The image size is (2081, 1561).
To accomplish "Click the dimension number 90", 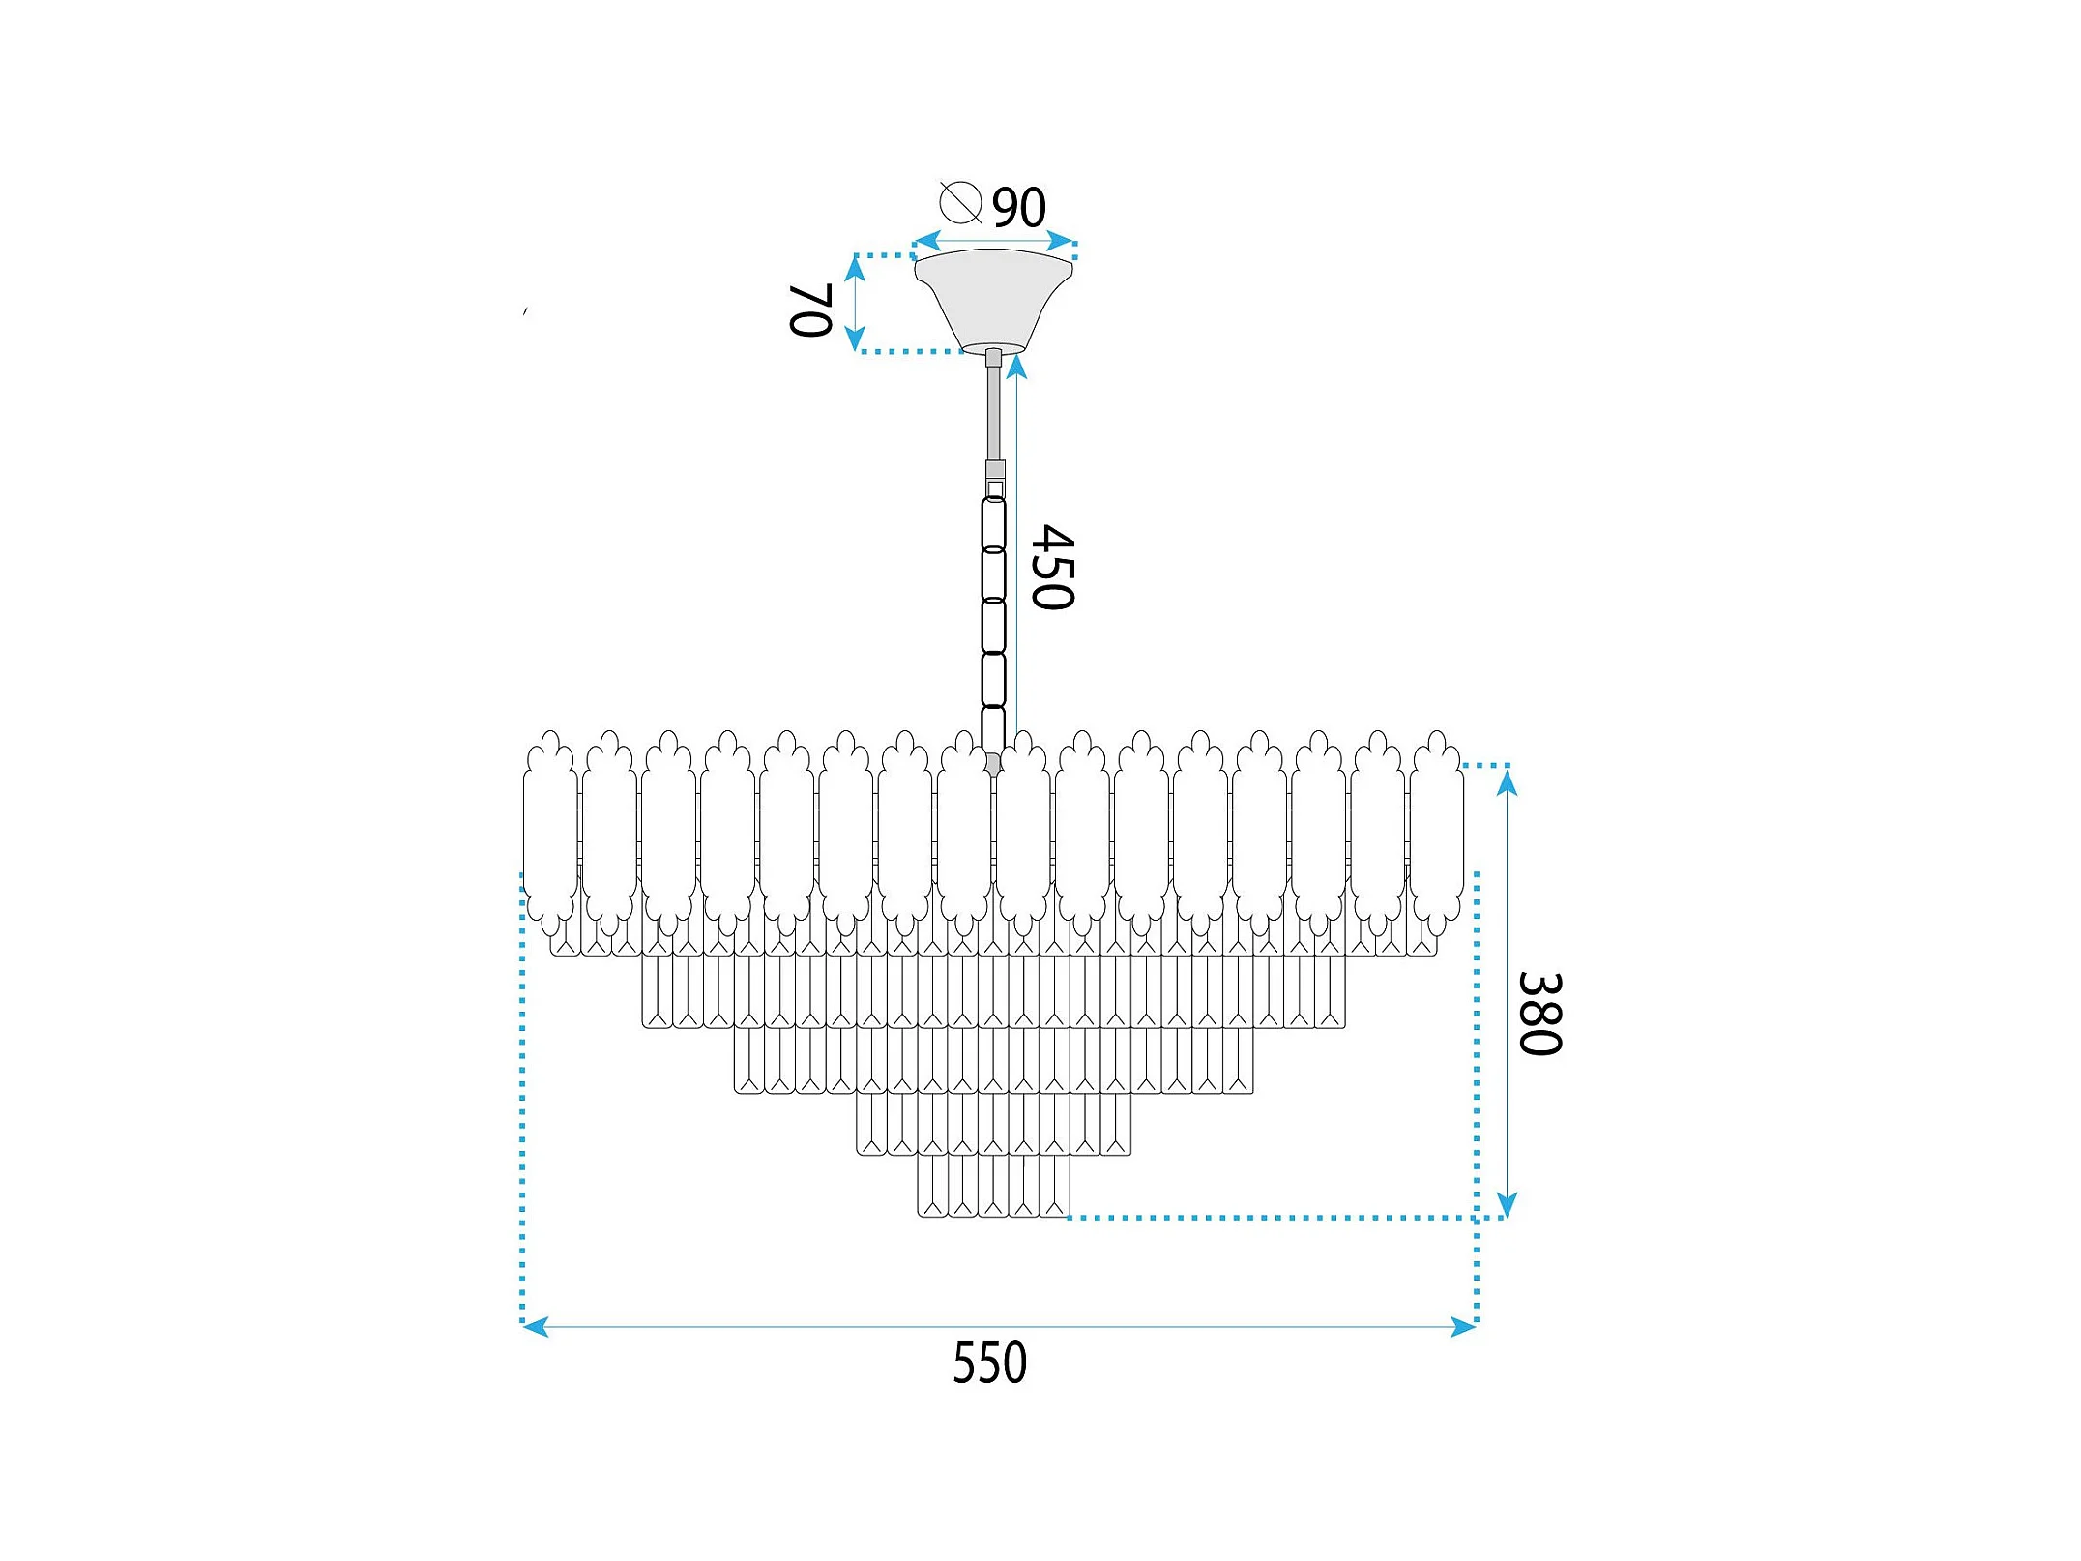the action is [1019, 207].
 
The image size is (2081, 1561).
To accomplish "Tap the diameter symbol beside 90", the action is [960, 203].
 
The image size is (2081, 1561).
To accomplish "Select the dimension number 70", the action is [811, 309].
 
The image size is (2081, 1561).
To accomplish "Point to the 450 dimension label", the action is [1052, 568].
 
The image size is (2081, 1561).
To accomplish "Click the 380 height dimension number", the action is [1539, 1014].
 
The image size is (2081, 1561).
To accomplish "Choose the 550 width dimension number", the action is [989, 1364].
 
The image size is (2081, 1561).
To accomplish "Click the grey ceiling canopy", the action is [993, 295].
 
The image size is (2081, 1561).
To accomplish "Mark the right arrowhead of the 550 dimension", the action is [1463, 1326].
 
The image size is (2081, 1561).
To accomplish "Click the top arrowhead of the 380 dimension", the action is [1506, 781].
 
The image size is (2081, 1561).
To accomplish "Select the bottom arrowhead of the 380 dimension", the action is [1506, 1205].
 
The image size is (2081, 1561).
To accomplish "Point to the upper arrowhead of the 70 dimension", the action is [855, 268].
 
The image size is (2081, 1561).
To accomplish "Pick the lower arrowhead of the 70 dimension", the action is [855, 339].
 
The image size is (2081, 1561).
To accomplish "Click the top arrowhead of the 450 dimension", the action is [1015, 368].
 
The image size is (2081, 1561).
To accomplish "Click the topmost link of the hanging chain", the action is [993, 523].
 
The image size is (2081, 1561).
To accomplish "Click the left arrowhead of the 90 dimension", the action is [927, 241].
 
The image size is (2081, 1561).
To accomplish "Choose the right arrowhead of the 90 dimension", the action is [1061, 241].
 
